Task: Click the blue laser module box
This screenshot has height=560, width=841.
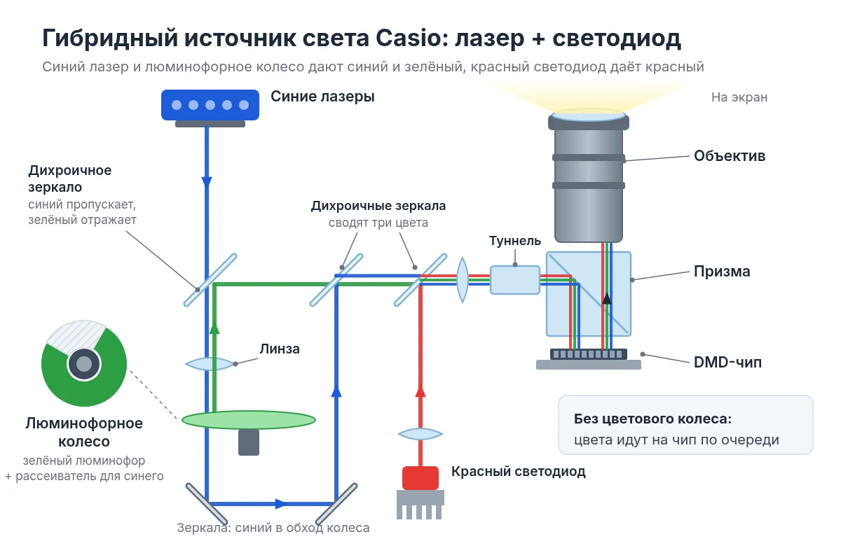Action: pyautogui.click(x=210, y=105)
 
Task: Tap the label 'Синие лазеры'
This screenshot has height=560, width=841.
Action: pyautogui.click(x=322, y=97)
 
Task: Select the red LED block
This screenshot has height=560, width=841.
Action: pyautogui.click(x=420, y=477)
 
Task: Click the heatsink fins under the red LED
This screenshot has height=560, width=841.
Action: pyautogui.click(x=420, y=505)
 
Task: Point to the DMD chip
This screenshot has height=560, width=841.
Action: pyautogui.click(x=588, y=354)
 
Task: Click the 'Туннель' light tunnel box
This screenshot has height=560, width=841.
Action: pyautogui.click(x=515, y=280)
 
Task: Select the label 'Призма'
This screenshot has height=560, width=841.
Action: pyautogui.click(x=722, y=271)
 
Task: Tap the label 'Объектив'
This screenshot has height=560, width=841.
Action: pyautogui.click(x=730, y=155)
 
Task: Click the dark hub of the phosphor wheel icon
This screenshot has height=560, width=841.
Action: pyautogui.click(x=84, y=363)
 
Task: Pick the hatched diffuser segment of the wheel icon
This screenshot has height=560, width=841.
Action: pyautogui.click(x=75, y=337)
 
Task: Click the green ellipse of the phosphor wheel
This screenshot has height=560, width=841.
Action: pyautogui.click(x=249, y=420)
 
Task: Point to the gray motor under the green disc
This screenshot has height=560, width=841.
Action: pyautogui.click(x=249, y=442)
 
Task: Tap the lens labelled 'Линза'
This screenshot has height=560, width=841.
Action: pyautogui.click(x=210, y=363)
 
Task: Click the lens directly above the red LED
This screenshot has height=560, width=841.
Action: pyautogui.click(x=420, y=434)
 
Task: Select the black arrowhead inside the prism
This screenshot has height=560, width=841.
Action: pyautogui.click(x=607, y=299)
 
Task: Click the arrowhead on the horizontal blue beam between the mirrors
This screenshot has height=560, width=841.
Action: pyautogui.click(x=281, y=504)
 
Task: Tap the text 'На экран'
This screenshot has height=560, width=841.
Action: pyautogui.click(x=739, y=97)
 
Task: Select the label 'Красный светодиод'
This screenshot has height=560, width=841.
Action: pyautogui.click(x=518, y=472)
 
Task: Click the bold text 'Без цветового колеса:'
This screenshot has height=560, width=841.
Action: pyautogui.click(x=653, y=419)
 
